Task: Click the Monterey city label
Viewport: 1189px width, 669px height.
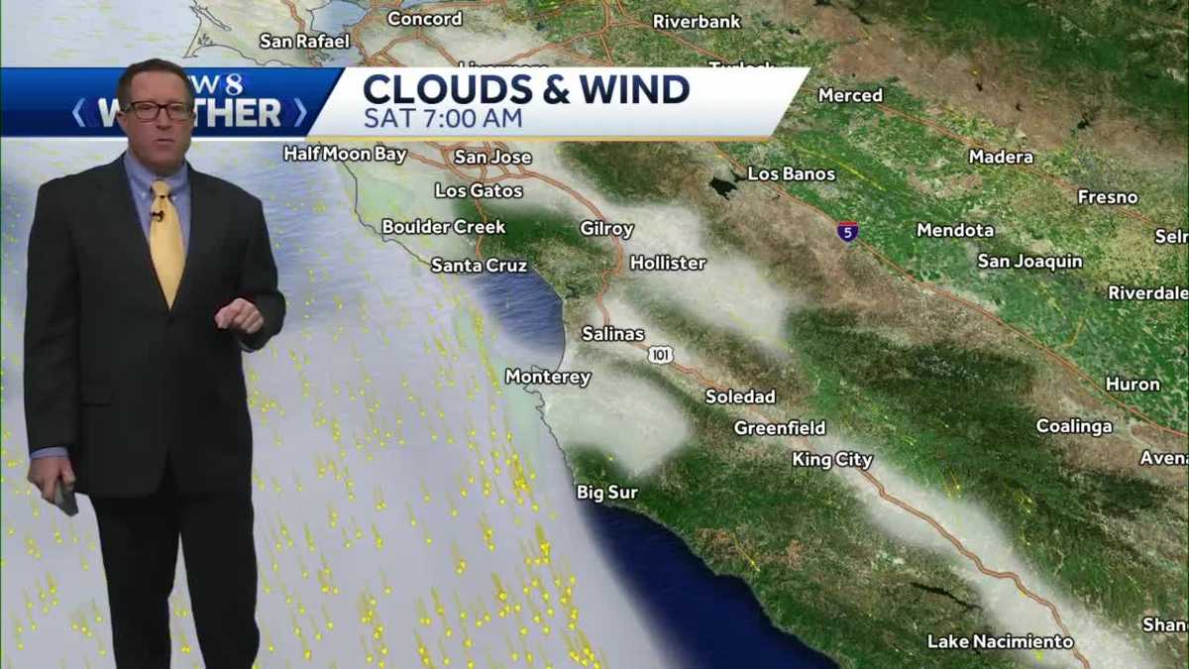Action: (548, 377)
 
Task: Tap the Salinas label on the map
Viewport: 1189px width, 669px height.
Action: (612, 334)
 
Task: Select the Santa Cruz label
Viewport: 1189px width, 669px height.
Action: (479, 266)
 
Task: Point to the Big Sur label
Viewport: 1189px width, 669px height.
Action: (606, 493)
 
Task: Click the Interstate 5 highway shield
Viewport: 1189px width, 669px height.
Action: (847, 232)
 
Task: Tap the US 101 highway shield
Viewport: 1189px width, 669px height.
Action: (661, 354)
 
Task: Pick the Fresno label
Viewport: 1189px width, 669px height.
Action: (1108, 197)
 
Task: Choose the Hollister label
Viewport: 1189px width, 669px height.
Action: (668, 263)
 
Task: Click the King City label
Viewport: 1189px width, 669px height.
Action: (832, 460)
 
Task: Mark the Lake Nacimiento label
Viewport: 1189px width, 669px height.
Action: (1000, 641)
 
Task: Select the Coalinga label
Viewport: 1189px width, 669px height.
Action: (1074, 426)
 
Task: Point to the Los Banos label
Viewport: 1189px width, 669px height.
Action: (791, 173)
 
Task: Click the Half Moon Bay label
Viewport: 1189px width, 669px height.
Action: (345, 154)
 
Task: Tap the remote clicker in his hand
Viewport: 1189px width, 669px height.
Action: (65, 496)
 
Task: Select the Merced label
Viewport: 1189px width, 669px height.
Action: (850, 95)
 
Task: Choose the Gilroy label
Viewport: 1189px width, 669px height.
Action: (606, 229)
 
